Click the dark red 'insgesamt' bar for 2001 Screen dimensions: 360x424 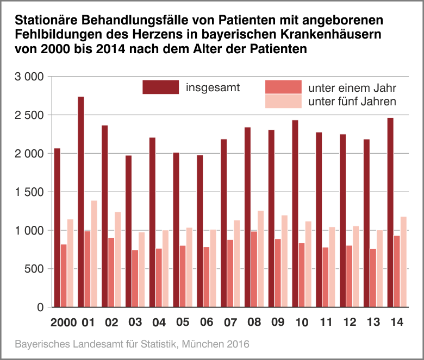point(80,201)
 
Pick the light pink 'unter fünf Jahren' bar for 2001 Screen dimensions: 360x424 point(94,254)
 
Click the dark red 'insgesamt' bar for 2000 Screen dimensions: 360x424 point(57,228)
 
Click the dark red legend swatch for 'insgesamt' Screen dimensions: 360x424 point(160,87)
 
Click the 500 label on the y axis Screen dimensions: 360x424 point(35,269)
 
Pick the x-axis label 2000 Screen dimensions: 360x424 point(63,323)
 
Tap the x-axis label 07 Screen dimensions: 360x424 point(230,323)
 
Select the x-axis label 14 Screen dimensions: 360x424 point(397,323)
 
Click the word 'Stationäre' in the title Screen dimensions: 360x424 point(46,21)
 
